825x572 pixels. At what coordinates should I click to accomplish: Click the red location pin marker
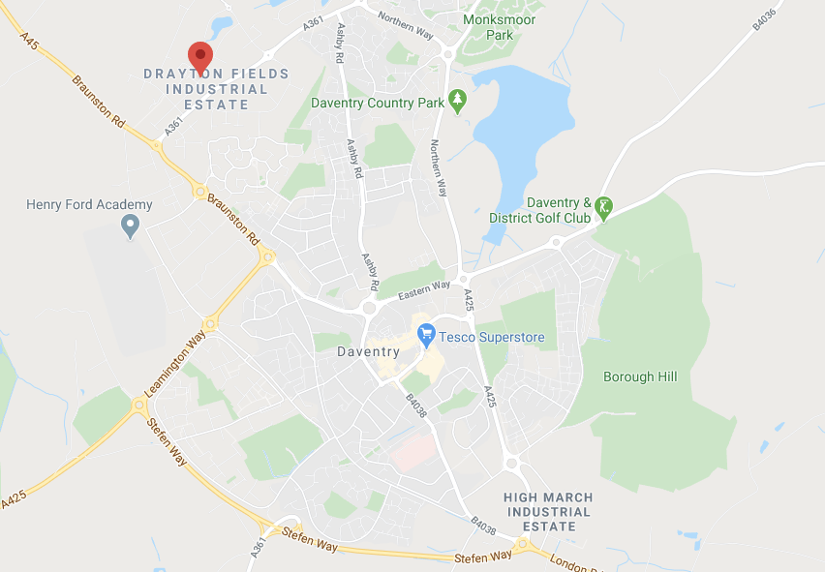pos(200,56)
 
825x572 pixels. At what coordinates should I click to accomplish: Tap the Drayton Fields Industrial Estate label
pos(203,89)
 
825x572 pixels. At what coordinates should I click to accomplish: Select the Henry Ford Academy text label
pos(89,204)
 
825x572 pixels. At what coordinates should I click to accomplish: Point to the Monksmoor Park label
pos(499,27)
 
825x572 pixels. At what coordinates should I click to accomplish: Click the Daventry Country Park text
pos(378,103)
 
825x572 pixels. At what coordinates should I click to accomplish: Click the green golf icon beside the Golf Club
pos(604,207)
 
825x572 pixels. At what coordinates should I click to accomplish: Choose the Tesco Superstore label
pos(492,338)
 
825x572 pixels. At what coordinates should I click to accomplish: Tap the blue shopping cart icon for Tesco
pos(426,336)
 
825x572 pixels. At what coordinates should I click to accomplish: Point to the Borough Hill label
pos(640,376)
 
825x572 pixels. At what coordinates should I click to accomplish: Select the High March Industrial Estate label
pos(548,512)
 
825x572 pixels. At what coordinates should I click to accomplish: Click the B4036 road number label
pos(768,20)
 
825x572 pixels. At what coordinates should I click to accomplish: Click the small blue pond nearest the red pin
pos(222,24)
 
